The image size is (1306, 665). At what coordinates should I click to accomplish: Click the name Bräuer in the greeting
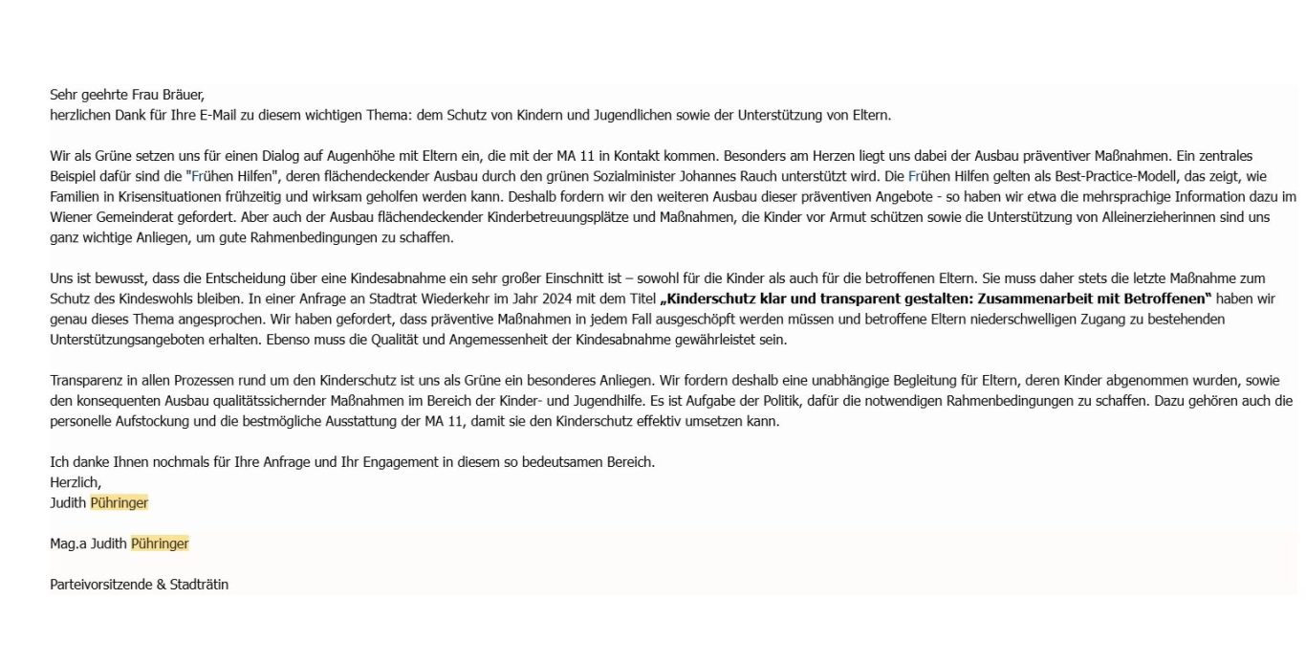[182, 95]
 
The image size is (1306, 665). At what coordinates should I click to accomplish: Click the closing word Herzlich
[75, 482]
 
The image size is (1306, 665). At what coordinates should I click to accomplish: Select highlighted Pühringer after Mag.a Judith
[160, 543]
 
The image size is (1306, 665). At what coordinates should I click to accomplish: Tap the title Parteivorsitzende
[100, 584]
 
